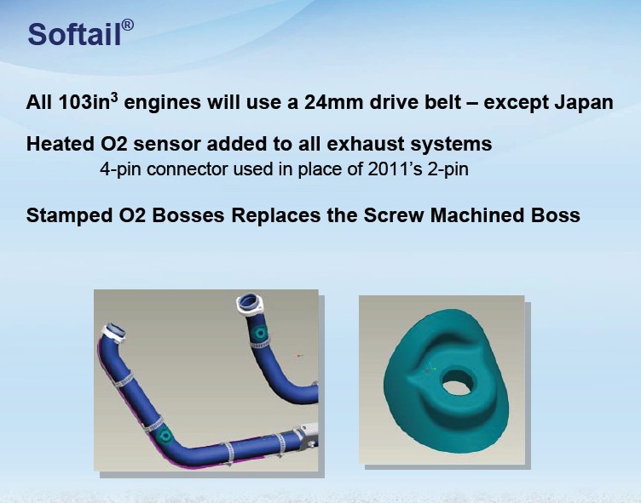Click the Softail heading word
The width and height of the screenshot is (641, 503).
point(74,34)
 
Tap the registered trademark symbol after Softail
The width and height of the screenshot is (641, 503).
point(128,26)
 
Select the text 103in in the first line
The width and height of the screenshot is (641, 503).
point(84,101)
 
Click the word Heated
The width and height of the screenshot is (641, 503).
point(61,144)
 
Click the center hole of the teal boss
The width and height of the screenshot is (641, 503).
point(458,382)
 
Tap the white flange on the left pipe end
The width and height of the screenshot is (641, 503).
point(114,332)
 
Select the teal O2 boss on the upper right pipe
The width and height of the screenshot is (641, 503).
point(259,333)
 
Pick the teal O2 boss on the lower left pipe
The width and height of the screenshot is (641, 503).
point(165,437)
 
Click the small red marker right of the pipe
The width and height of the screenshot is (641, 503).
point(299,356)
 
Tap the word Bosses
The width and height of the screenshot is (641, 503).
point(188,215)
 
